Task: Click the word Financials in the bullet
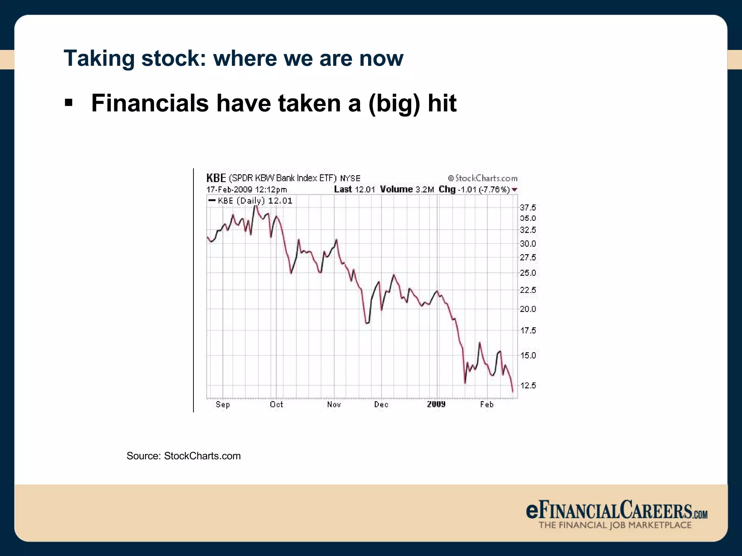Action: [x=150, y=104]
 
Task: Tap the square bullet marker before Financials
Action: [x=68, y=103]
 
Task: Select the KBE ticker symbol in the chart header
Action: [x=216, y=178]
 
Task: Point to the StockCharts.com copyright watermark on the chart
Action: [x=482, y=178]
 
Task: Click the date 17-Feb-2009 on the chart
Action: [x=229, y=190]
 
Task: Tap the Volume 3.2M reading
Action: [x=407, y=189]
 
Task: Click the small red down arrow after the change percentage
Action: [x=514, y=190]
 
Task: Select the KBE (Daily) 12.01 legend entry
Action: [x=251, y=201]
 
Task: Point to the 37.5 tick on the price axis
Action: [x=528, y=207]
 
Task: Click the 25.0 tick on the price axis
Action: [x=528, y=273]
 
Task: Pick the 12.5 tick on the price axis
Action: [x=528, y=386]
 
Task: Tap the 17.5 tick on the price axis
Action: [x=528, y=330]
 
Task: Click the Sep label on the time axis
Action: [x=222, y=404]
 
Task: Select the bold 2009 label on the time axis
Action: [x=436, y=404]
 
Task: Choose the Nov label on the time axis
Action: [x=334, y=404]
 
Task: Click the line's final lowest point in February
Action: [x=513, y=392]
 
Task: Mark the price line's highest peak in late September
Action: [x=256, y=206]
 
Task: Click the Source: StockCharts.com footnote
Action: [x=183, y=456]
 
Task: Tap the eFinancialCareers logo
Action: [x=616, y=514]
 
